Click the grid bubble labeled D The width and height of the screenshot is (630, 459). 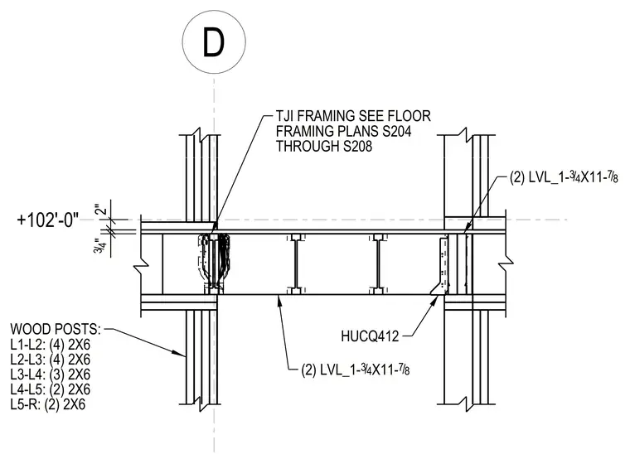tap(214, 41)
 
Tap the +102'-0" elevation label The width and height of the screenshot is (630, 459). tap(48, 220)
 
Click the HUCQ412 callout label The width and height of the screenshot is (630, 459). tap(370, 336)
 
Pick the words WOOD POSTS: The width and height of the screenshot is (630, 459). tap(56, 329)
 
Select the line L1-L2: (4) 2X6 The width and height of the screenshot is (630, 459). tap(51, 345)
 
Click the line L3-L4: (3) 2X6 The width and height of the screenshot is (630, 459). tap(51, 374)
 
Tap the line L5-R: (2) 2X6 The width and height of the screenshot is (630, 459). tap(48, 404)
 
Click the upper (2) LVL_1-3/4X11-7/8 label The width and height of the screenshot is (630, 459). tap(564, 177)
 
